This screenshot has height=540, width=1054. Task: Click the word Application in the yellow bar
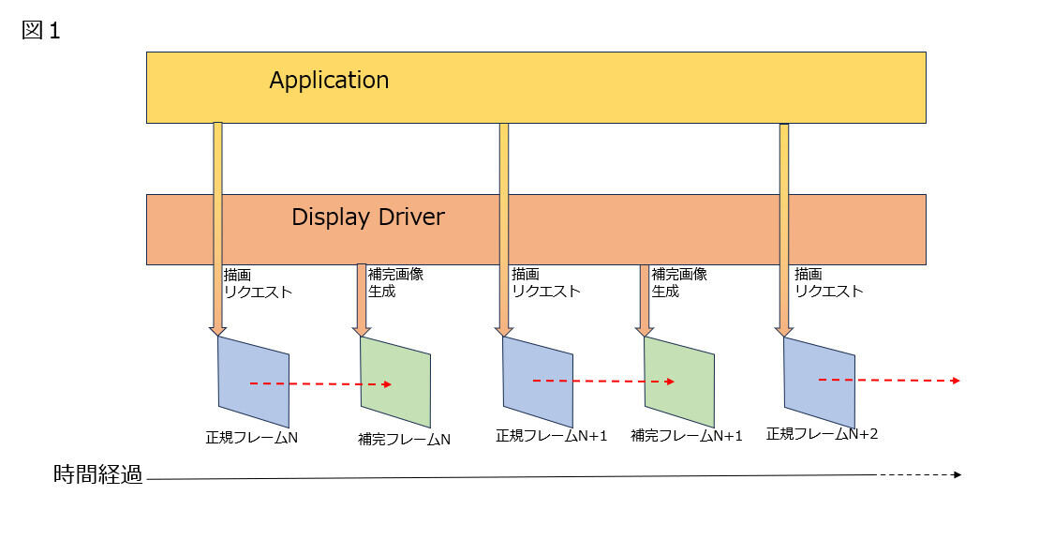(x=329, y=81)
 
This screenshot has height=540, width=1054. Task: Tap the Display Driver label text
(x=367, y=217)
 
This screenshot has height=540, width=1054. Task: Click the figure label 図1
(x=41, y=30)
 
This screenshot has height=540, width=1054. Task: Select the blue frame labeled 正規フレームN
(x=253, y=382)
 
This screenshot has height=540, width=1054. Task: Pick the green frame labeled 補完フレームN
(x=395, y=382)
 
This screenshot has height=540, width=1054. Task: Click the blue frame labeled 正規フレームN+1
(x=538, y=382)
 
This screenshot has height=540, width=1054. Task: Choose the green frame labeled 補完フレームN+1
(x=679, y=382)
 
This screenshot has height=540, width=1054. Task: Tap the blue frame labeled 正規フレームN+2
(x=820, y=382)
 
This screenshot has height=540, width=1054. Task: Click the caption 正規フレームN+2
(x=822, y=434)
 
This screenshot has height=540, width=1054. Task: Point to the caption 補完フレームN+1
(x=687, y=436)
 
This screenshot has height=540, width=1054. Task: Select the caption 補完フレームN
(x=404, y=439)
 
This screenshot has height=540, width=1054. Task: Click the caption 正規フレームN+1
(x=551, y=436)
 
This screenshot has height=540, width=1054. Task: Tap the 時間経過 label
(x=98, y=474)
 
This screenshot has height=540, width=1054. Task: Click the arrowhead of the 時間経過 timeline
(x=958, y=474)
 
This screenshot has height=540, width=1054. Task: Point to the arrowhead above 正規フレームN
(x=217, y=331)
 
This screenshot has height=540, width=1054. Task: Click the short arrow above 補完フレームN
(x=362, y=300)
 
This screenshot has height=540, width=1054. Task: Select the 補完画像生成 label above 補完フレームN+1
(x=679, y=282)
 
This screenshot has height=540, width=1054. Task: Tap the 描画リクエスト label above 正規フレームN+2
(x=829, y=282)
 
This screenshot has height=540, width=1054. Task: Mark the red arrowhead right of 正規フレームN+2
(x=956, y=381)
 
